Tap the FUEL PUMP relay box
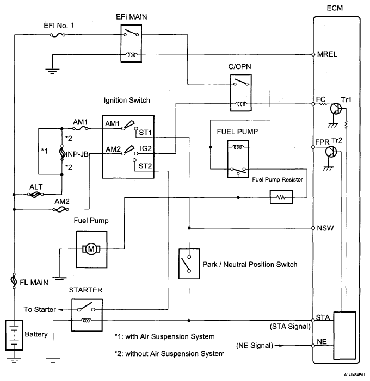(x=238, y=158)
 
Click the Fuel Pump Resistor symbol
(x=281, y=197)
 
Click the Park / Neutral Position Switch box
(x=189, y=265)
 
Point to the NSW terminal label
(x=324, y=227)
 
